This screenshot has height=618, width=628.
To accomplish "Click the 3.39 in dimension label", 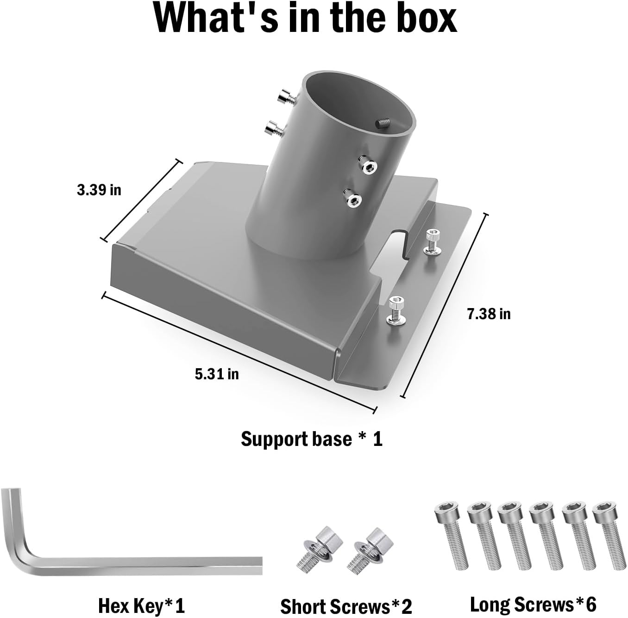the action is tap(99, 190).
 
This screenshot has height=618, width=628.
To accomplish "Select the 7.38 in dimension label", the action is tap(489, 314).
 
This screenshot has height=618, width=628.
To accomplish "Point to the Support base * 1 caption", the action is tap(312, 439).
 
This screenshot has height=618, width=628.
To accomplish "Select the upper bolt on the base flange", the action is tap(433, 241).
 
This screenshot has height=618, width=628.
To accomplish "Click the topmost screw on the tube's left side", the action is tap(287, 97).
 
